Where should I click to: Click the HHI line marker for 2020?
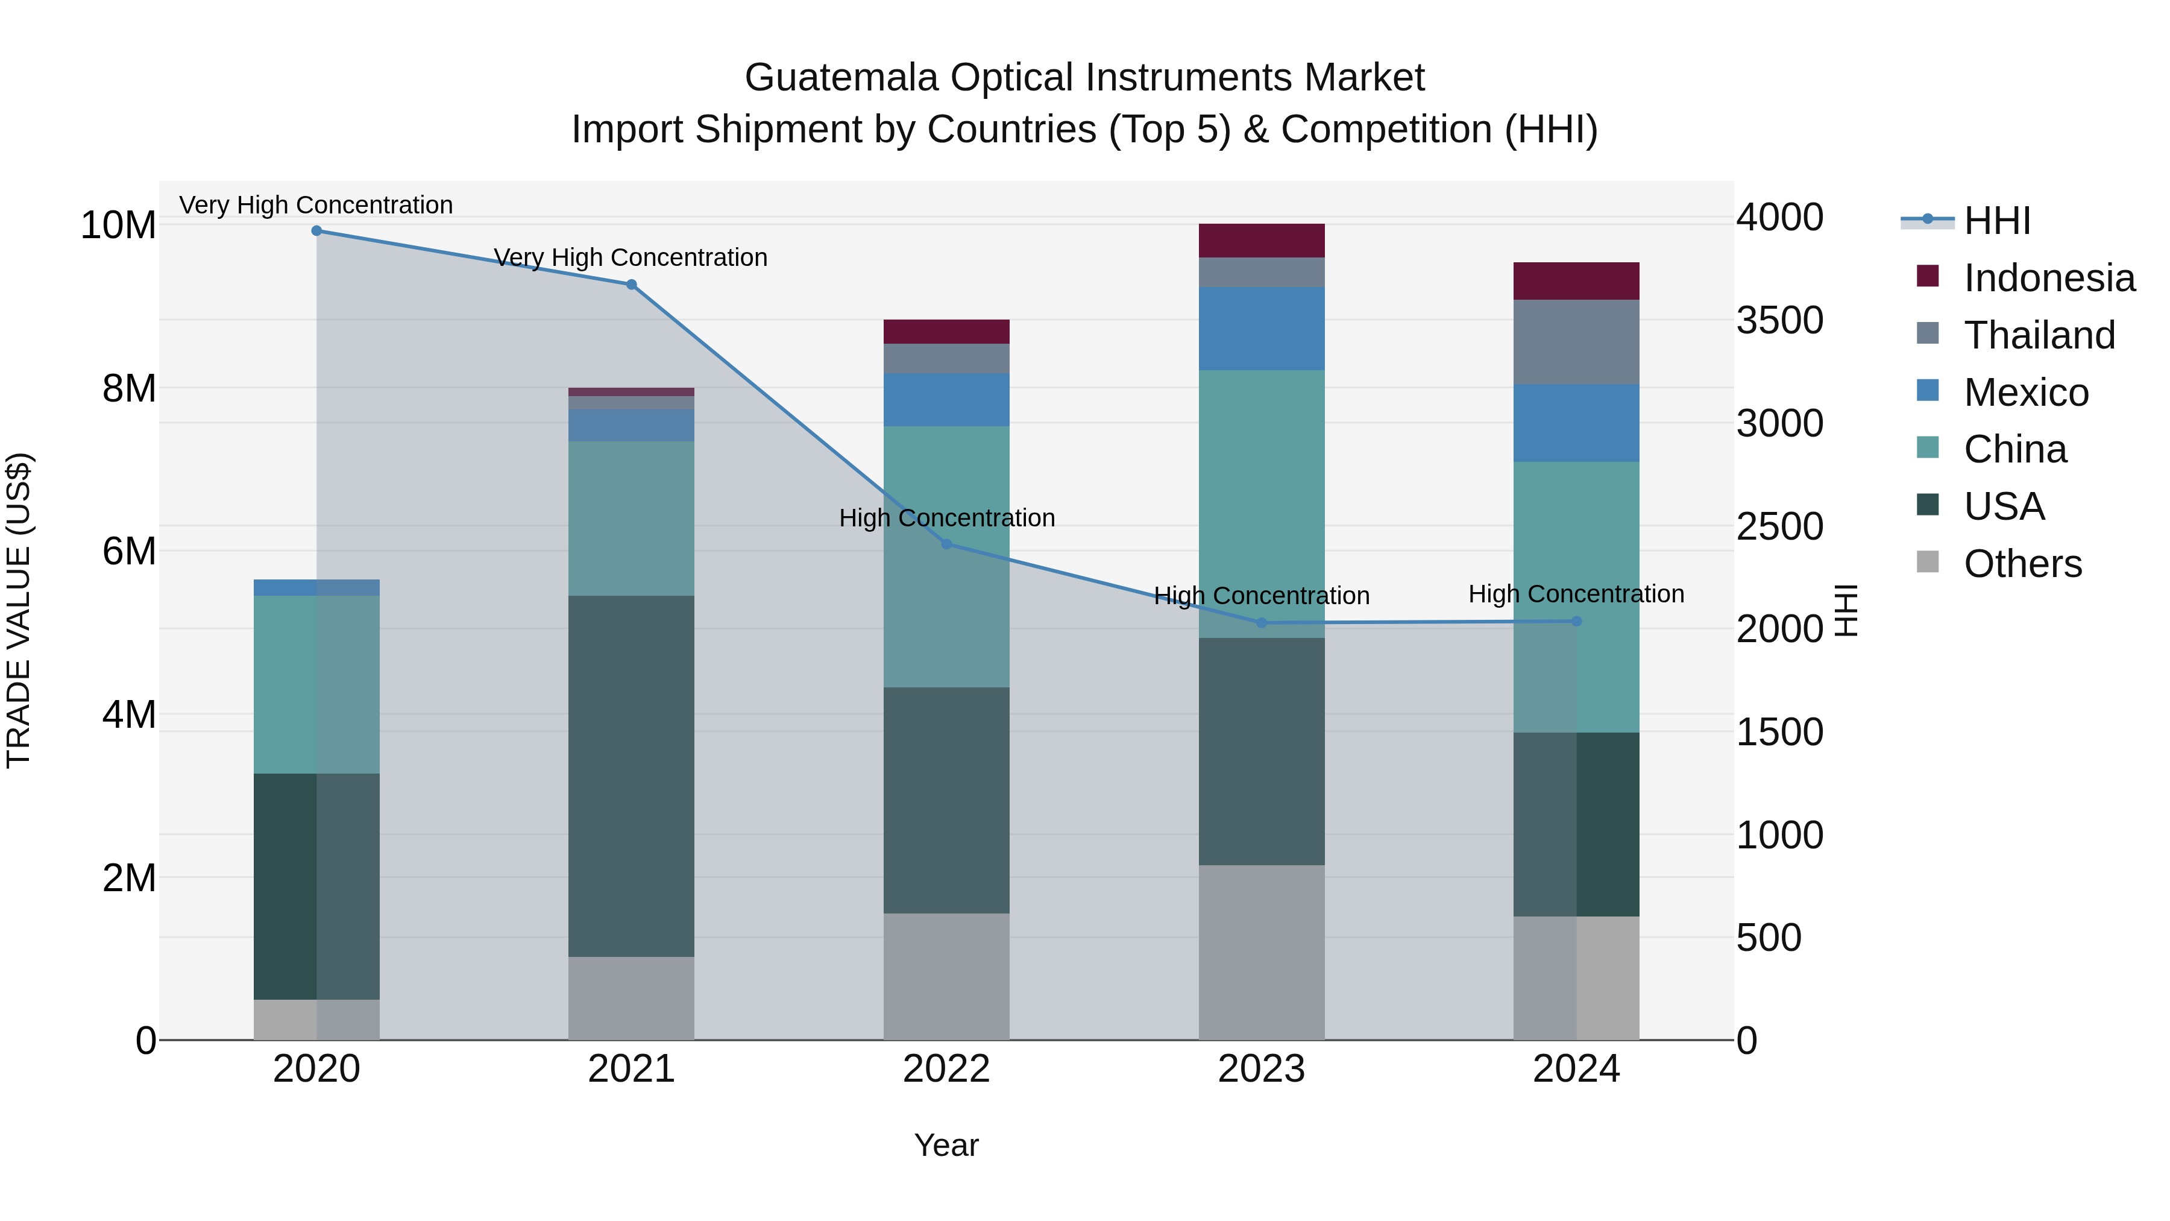coord(316,231)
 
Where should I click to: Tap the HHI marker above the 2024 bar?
coord(1576,621)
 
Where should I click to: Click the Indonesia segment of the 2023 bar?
coord(1261,240)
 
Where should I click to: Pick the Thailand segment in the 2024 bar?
coord(1576,341)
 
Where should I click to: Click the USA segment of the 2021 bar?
coord(631,775)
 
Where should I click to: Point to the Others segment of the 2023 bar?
coord(1261,952)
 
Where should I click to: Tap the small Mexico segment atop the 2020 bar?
coord(316,587)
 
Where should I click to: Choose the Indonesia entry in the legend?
coord(2049,278)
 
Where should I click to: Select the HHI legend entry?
coord(1996,221)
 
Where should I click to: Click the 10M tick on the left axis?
coord(118,225)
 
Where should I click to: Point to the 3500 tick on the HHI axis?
coord(1779,320)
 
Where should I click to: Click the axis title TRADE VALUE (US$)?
coord(19,610)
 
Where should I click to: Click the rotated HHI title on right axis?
coord(1845,610)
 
